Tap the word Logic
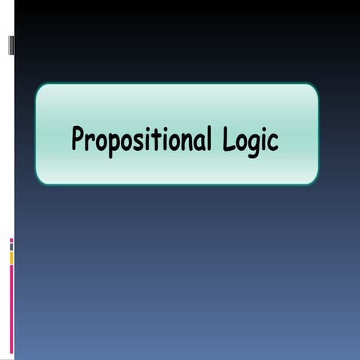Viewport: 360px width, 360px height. tap(251, 139)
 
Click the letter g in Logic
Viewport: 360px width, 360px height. tap(253, 144)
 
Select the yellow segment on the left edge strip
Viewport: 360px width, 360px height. tap(11, 258)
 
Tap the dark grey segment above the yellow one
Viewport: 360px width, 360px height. tap(11, 247)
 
